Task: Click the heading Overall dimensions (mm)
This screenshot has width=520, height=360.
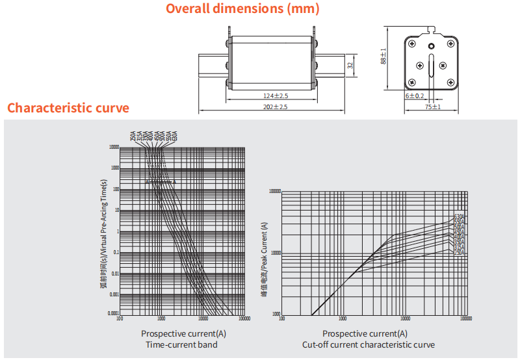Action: coord(242,9)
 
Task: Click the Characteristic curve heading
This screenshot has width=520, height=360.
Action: coord(68,108)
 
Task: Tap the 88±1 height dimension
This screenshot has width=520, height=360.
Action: coord(383,57)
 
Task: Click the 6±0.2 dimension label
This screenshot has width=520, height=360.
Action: coord(415,96)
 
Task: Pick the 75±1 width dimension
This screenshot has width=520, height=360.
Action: coord(432,107)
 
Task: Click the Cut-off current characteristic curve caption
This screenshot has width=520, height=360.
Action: coord(369,344)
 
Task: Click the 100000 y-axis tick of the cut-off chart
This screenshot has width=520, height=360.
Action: coord(272,192)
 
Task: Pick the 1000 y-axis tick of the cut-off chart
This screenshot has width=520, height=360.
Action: coord(275,313)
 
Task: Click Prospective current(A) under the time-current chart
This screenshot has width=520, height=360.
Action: coord(184,334)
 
